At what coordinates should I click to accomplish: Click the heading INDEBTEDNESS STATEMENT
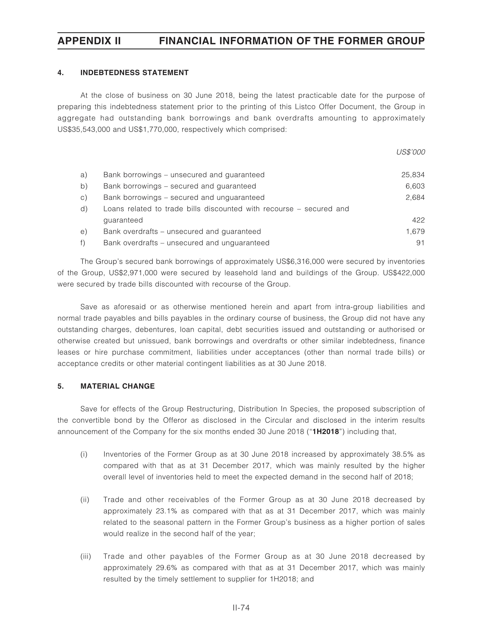pyautogui.click(x=134, y=73)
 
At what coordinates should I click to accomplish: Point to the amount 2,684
pyautogui.click(x=415, y=197)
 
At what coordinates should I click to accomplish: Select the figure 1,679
pyautogui.click(x=415, y=231)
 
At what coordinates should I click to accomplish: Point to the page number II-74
pyautogui.click(x=241, y=608)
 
